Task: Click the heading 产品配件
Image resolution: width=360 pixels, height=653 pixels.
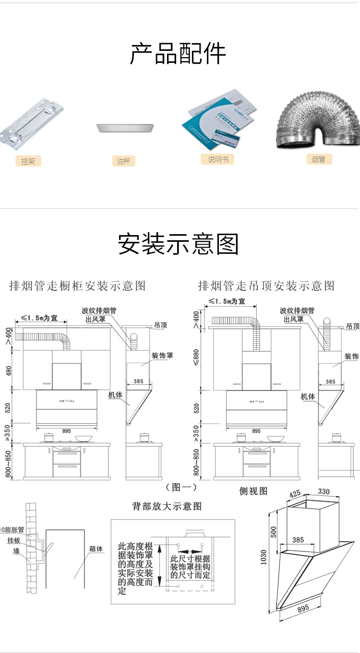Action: point(178,54)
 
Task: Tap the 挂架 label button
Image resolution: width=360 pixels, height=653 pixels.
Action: point(28,161)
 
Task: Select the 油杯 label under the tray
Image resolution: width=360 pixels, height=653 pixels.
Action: point(123,161)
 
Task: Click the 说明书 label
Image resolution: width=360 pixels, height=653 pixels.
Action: point(218,159)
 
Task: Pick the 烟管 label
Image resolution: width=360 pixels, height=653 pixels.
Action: point(319,159)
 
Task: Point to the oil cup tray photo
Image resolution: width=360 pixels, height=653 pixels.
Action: point(124,128)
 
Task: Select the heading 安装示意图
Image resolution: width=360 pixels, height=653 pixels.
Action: point(178,244)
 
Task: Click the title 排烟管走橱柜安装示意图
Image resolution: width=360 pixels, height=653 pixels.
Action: point(77,286)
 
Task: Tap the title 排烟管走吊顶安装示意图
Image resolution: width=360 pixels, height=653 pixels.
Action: point(266,286)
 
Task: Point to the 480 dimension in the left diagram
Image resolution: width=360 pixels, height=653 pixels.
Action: point(9,371)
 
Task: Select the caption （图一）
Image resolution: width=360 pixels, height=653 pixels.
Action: point(181,487)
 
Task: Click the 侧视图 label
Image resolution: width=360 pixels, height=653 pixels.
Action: point(253,491)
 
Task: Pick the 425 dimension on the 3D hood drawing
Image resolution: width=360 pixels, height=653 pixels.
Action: point(295,493)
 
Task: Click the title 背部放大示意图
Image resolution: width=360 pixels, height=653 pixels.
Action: point(167,506)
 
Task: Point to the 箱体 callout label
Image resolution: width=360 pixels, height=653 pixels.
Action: point(96,548)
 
